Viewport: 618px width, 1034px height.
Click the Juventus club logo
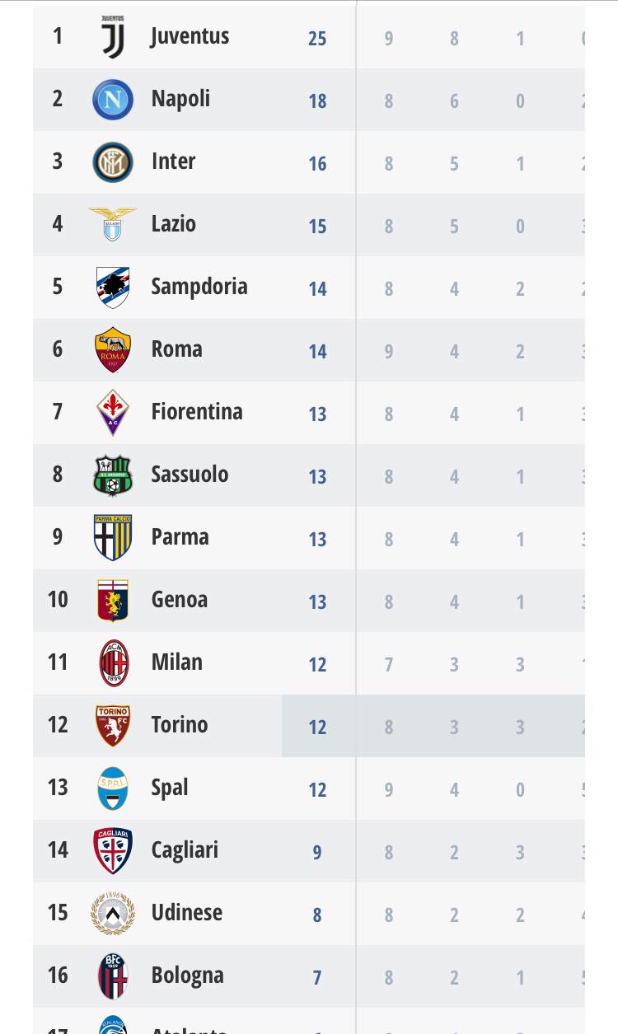pyautogui.click(x=113, y=37)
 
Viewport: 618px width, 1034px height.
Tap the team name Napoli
pyautogui.click(x=180, y=99)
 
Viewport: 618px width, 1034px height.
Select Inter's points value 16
pyautogui.click(x=317, y=163)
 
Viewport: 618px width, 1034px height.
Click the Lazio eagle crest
pyautogui.click(x=113, y=224)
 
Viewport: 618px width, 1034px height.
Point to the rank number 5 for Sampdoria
pyautogui.click(x=57, y=286)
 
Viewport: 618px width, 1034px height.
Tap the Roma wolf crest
pyautogui.click(x=113, y=349)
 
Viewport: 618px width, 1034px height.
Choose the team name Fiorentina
pyautogui.click(x=197, y=411)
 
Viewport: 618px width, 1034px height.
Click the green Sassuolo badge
pyautogui.click(x=113, y=475)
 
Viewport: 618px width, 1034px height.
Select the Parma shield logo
pyautogui.click(x=113, y=537)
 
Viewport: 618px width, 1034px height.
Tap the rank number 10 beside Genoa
pyautogui.click(x=58, y=599)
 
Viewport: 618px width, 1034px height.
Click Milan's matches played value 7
pyautogui.click(x=389, y=664)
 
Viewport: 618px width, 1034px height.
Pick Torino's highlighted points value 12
pyautogui.click(x=317, y=727)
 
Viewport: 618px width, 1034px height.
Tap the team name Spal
pyautogui.click(x=170, y=788)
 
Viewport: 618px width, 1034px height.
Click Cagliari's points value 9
pyautogui.click(x=317, y=852)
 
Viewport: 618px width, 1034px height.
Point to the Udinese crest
pyautogui.click(x=113, y=913)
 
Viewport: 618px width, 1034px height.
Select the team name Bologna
pyautogui.click(x=187, y=976)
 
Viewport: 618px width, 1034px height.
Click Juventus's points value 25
pyautogui.click(x=317, y=38)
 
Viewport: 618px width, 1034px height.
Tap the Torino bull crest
pyautogui.click(x=113, y=725)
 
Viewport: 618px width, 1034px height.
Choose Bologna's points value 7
pyautogui.click(x=317, y=977)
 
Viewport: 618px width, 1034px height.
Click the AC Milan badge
pyautogui.click(x=114, y=662)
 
